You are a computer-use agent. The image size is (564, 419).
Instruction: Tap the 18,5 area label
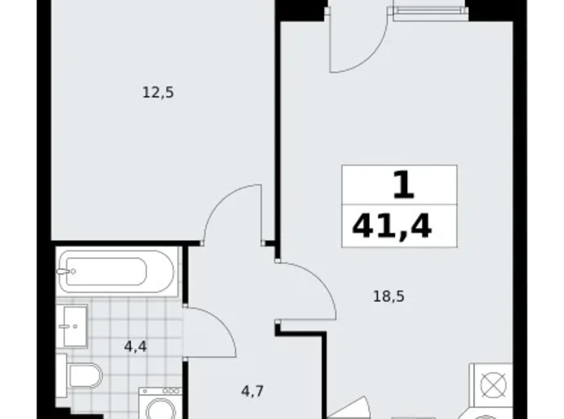click(x=388, y=295)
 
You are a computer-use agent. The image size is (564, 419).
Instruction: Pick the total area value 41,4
click(x=392, y=226)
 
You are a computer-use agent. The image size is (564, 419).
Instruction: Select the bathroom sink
click(x=73, y=327)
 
